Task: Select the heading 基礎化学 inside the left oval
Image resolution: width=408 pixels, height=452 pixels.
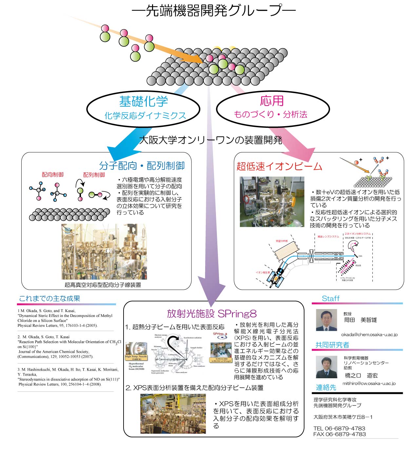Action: [x=143, y=101]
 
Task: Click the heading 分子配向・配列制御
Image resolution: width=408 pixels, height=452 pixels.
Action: [x=142, y=166]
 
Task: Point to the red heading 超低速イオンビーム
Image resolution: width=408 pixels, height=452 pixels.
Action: [x=279, y=166]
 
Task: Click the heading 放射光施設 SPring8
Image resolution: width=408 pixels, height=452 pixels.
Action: [x=212, y=314]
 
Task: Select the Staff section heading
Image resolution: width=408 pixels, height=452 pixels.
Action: [x=330, y=299]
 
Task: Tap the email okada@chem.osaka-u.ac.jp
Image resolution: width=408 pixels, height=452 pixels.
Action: [x=369, y=335]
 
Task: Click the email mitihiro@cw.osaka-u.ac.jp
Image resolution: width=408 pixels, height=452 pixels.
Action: [x=369, y=383]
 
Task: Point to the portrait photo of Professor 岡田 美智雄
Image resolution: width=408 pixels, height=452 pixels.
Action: [x=326, y=320]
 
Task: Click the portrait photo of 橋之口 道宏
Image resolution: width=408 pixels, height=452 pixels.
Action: [x=326, y=367]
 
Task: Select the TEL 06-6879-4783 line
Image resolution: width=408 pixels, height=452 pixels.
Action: [x=339, y=428]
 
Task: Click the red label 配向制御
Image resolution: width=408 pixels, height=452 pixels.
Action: [x=52, y=175]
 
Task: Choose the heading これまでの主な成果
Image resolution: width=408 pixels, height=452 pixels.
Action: [x=49, y=299]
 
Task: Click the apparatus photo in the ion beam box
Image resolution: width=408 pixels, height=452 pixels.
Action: [x=272, y=202]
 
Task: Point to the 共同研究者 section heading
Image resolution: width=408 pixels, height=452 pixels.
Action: [x=332, y=345]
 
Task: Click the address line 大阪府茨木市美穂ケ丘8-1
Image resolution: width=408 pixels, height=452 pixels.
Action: [x=343, y=417]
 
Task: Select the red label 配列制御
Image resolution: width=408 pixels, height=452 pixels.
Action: [x=94, y=175]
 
